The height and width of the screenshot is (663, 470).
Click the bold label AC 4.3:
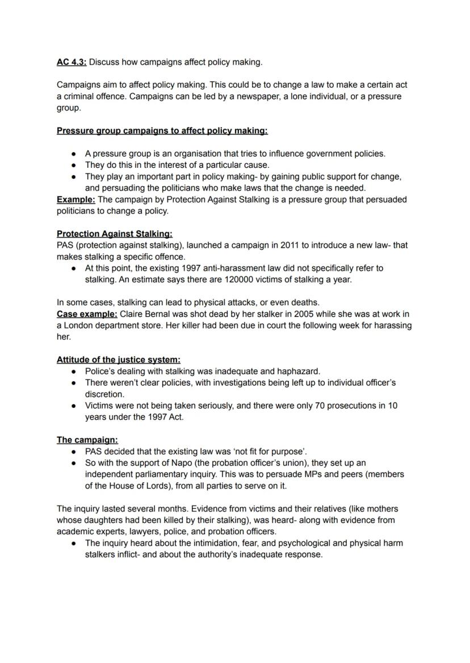(72, 62)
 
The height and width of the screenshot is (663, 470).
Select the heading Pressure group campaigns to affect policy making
(162, 130)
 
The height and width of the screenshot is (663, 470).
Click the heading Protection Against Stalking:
(115, 234)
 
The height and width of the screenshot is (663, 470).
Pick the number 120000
(257, 280)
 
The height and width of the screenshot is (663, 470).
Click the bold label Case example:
(87, 314)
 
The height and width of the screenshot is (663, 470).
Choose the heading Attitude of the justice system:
(119, 360)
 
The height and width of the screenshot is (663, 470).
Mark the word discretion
(104, 394)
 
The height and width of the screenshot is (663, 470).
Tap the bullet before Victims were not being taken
(74, 406)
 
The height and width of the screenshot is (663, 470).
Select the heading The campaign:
(87, 440)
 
